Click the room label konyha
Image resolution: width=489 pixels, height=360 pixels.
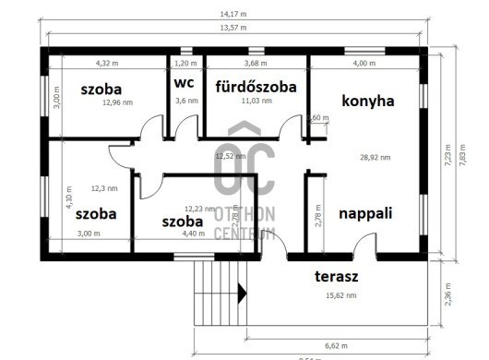pyautogui.click(x=367, y=101)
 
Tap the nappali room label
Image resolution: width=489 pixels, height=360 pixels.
pyautogui.click(x=365, y=213)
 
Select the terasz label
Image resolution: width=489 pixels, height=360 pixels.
pyautogui.click(x=338, y=276)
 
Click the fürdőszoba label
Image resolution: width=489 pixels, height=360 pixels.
pyautogui.click(x=256, y=87)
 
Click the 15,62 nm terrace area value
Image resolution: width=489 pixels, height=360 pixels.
pyautogui.click(x=340, y=294)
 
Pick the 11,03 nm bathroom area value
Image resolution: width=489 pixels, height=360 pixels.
pyautogui.click(x=256, y=101)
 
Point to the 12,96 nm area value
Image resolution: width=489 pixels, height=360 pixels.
pyautogui.click(x=118, y=103)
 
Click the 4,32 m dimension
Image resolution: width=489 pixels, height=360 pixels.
pyautogui.click(x=109, y=63)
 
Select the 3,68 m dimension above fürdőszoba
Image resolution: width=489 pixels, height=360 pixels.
pyautogui.click(x=256, y=63)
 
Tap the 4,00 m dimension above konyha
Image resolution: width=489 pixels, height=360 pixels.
pyautogui.click(x=364, y=63)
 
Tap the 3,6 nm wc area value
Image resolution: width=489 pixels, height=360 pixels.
pyautogui.click(x=186, y=101)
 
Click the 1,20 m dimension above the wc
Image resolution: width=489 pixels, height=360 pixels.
pyautogui.click(x=186, y=63)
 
